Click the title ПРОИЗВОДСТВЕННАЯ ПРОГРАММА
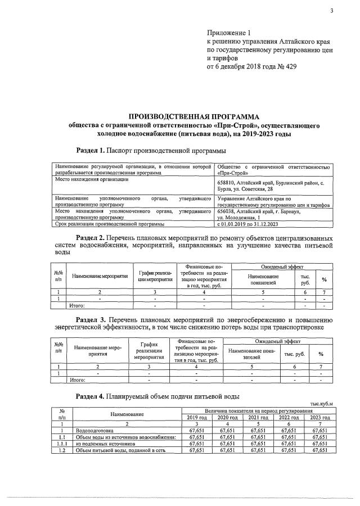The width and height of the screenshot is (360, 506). point(193,117)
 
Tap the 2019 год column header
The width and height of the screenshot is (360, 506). point(197,417)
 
